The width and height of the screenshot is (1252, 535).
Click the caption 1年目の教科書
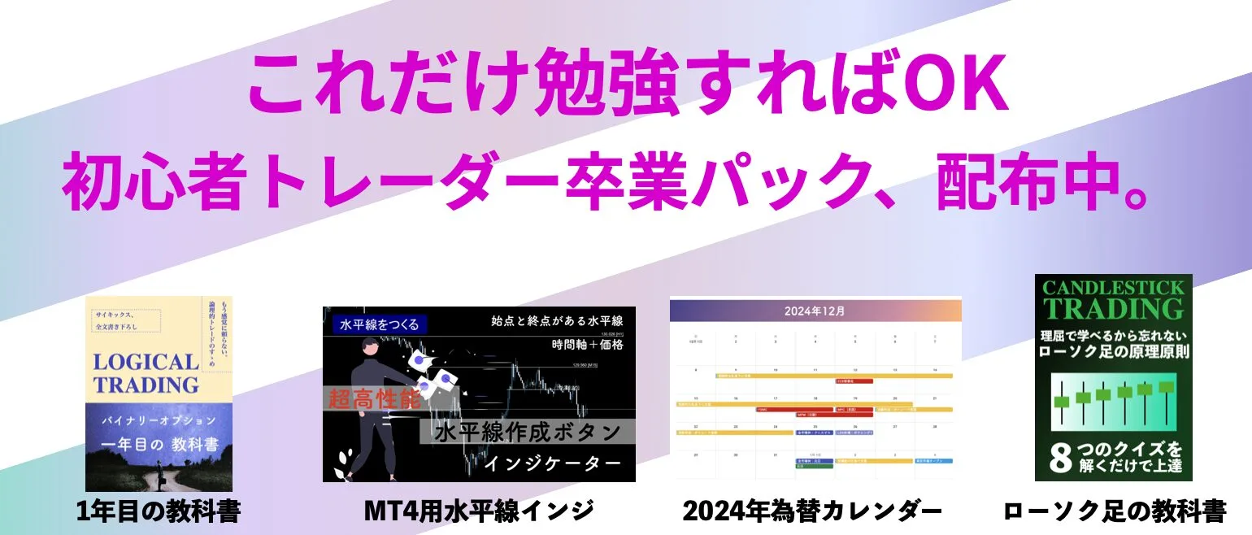click(x=159, y=512)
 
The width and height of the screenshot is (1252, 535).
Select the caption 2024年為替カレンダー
click(x=812, y=512)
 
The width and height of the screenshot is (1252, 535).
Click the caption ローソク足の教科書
click(x=1114, y=512)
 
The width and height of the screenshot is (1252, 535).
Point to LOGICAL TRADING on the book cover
click(x=146, y=373)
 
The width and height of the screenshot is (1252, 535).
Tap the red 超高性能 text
click(x=376, y=399)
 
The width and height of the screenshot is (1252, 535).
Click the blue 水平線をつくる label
click(x=376, y=324)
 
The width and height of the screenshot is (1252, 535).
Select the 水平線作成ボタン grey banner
click(x=528, y=431)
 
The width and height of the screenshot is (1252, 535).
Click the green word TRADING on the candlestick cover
click(x=1113, y=309)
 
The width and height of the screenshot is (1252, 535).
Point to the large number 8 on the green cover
click(x=1059, y=459)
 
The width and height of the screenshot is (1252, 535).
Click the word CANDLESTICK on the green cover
click(x=1113, y=288)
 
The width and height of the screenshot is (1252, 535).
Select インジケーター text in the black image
click(x=552, y=463)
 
